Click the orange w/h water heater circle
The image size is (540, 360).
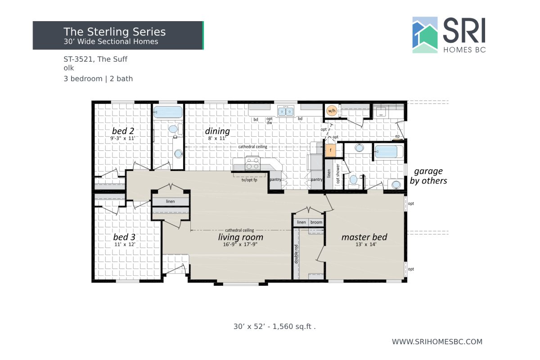point(331,110)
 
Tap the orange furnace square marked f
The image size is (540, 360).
point(330,150)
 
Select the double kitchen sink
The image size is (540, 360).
point(286,111)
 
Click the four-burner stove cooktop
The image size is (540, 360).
point(252,162)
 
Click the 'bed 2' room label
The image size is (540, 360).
point(123,131)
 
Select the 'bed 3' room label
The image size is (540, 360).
point(124,237)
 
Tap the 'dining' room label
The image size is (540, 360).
point(217,131)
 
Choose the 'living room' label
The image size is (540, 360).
point(240,237)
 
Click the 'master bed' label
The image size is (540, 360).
point(364,237)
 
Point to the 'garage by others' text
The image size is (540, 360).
point(428,176)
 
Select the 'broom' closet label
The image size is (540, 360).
point(316,222)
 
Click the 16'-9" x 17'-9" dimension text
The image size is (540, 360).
point(240,245)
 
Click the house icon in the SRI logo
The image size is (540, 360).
point(425,35)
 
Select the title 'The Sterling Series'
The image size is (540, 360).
point(114,31)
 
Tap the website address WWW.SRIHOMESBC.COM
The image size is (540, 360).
point(437,342)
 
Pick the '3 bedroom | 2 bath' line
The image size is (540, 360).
point(98,79)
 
